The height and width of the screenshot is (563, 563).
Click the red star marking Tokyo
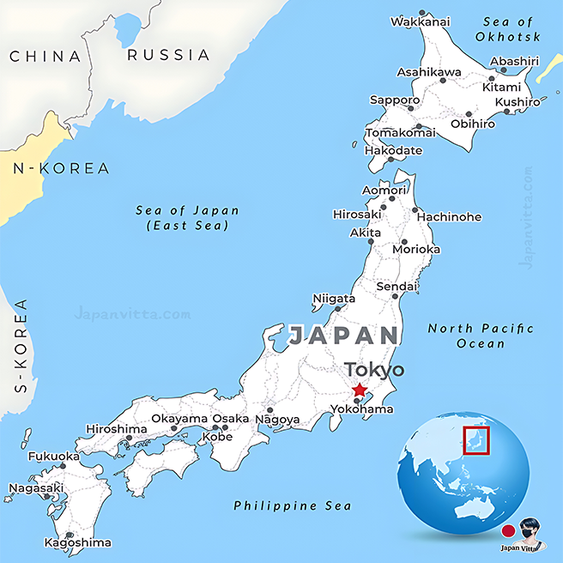(x=359, y=390)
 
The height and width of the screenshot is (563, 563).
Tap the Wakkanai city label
(x=421, y=21)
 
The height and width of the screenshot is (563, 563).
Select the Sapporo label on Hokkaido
(x=395, y=100)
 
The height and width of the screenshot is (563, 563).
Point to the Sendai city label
(x=397, y=286)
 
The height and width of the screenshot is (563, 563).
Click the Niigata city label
(x=334, y=299)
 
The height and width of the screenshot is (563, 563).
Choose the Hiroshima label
(x=117, y=428)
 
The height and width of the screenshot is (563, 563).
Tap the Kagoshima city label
(x=78, y=542)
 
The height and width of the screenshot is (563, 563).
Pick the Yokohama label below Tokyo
(x=361, y=409)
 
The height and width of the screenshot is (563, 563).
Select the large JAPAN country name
(x=344, y=336)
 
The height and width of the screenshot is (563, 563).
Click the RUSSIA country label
(x=168, y=55)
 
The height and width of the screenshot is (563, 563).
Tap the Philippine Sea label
(x=293, y=505)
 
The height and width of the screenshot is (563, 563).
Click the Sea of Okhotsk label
(x=512, y=29)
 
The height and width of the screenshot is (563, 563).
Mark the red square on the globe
(x=475, y=441)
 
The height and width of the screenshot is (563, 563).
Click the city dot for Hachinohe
(x=415, y=209)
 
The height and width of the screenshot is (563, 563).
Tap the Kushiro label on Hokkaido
(x=518, y=102)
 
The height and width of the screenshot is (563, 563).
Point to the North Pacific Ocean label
(x=481, y=336)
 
